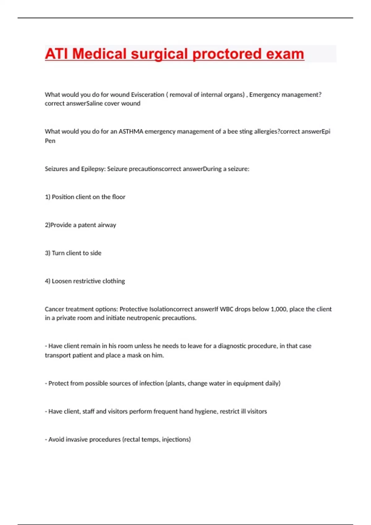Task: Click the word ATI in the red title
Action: (x=56, y=54)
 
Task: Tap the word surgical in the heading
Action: (x=159, y=54)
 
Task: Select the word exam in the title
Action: (x=285, y=54)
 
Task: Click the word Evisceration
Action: (x=147, y=94)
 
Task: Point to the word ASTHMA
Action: (x=131, y=132)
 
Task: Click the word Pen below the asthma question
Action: (x=50, y=141)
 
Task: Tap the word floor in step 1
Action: (x=119, y=197)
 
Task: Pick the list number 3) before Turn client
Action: (x=48, y=253)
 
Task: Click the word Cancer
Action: (x=54, y=309)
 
